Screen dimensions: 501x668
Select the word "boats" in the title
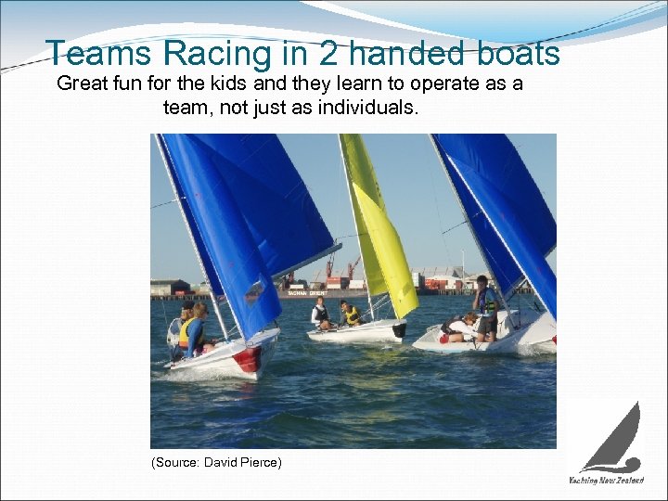520,54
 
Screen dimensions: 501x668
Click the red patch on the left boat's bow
248,358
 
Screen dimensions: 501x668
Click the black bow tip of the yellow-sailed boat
399,329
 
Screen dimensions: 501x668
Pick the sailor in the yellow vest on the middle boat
350,314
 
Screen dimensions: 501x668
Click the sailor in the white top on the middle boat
320,312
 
